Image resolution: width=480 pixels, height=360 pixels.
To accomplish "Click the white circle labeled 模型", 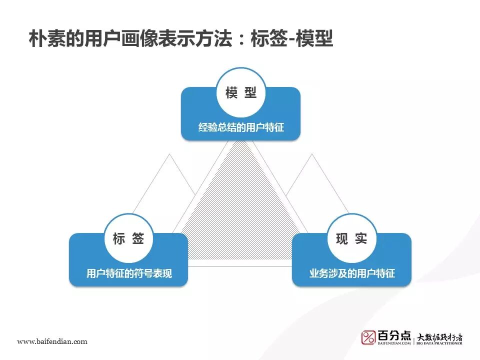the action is [x=240, y=93].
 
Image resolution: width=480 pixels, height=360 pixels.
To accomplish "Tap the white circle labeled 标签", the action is [x=128, y=239].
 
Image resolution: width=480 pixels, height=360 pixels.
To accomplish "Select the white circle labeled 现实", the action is [x=351, y=239].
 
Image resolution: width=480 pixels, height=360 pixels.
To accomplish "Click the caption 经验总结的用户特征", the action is [x=240, y=127].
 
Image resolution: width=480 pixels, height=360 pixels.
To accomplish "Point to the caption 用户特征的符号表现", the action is [x=128, y=273].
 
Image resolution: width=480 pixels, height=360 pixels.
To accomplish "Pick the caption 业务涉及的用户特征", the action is [x=351, y=273].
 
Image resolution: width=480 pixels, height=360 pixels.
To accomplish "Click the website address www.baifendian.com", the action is [x=52, y=341].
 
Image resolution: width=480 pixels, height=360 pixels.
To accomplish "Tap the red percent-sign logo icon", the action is [x=368, y=337].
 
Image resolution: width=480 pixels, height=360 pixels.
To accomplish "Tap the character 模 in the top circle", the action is [x=231, y=93].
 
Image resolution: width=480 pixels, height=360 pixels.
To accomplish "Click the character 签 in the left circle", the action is [x=138, y=239].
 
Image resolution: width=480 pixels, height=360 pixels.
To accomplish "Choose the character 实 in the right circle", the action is [x=361, y=239].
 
